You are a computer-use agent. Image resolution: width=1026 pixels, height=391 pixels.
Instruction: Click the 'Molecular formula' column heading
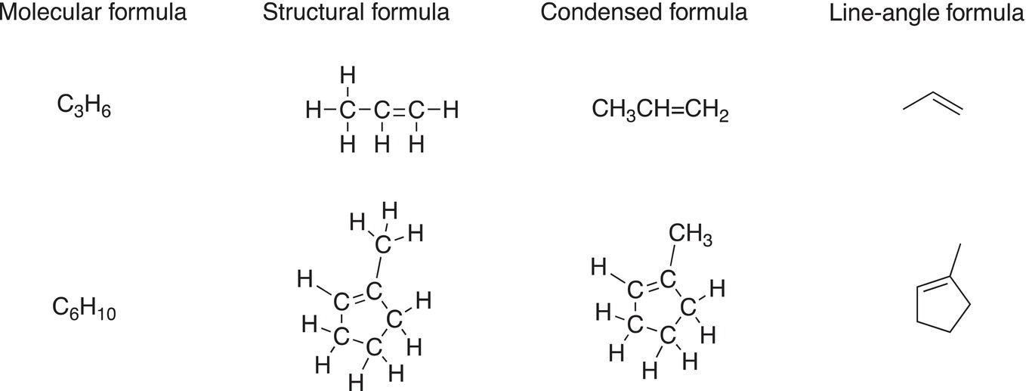click(93, 12)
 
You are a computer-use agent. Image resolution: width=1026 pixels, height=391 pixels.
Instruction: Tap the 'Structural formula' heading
click(356, 12)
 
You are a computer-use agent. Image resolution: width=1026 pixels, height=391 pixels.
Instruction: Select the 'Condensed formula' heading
click(644, 12)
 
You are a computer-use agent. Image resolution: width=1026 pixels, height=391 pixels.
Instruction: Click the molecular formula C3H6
click(84, 107)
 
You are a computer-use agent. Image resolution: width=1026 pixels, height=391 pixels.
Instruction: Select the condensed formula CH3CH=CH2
click(660, 110)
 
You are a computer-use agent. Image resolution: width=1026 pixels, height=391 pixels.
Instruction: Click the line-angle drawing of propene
click(932, 104)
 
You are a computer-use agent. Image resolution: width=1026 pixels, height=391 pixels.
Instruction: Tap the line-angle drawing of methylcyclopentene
click(944, 289)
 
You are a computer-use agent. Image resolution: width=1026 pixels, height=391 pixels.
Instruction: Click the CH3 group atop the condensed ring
click(691, 234)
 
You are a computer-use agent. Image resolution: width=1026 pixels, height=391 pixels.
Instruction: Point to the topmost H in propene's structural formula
click(348, 75)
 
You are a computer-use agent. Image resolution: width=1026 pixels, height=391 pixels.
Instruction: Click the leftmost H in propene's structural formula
click(314, 110)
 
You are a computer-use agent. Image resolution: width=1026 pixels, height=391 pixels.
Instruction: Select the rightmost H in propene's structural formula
click(451, 110)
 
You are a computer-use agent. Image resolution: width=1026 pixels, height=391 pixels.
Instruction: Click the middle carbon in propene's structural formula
click(382, 110)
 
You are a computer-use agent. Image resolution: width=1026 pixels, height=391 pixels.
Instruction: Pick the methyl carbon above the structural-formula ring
click(383, 244)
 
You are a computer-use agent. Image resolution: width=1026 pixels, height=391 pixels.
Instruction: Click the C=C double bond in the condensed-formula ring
click(651, 284)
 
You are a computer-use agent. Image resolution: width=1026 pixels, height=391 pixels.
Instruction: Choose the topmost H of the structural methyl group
click(390, 210)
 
